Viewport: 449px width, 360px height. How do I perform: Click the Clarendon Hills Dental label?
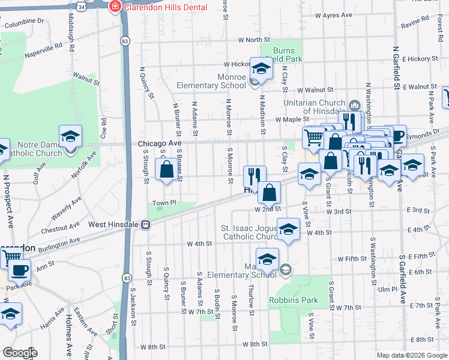(166, 7)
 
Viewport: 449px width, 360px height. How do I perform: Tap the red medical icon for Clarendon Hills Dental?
(115, 7)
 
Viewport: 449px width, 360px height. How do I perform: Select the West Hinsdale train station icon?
(145, 224)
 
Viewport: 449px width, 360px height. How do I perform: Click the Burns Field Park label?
(288, 55)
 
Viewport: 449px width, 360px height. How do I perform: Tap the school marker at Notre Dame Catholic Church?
(70, 137)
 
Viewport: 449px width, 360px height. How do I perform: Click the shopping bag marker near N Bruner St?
(166, 170)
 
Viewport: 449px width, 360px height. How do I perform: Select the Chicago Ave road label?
(159, 144)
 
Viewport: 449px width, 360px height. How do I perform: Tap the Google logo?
(20, 352)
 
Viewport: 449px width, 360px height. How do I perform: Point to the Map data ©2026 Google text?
(411, 355)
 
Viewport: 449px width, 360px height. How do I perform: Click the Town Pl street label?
(163, 203)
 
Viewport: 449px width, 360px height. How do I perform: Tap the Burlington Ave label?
(59, 243)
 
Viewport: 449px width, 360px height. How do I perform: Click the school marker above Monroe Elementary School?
(261, 70)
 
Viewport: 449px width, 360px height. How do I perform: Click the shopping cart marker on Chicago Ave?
(314, 139)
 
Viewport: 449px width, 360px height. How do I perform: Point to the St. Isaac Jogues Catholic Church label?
(247, 232)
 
